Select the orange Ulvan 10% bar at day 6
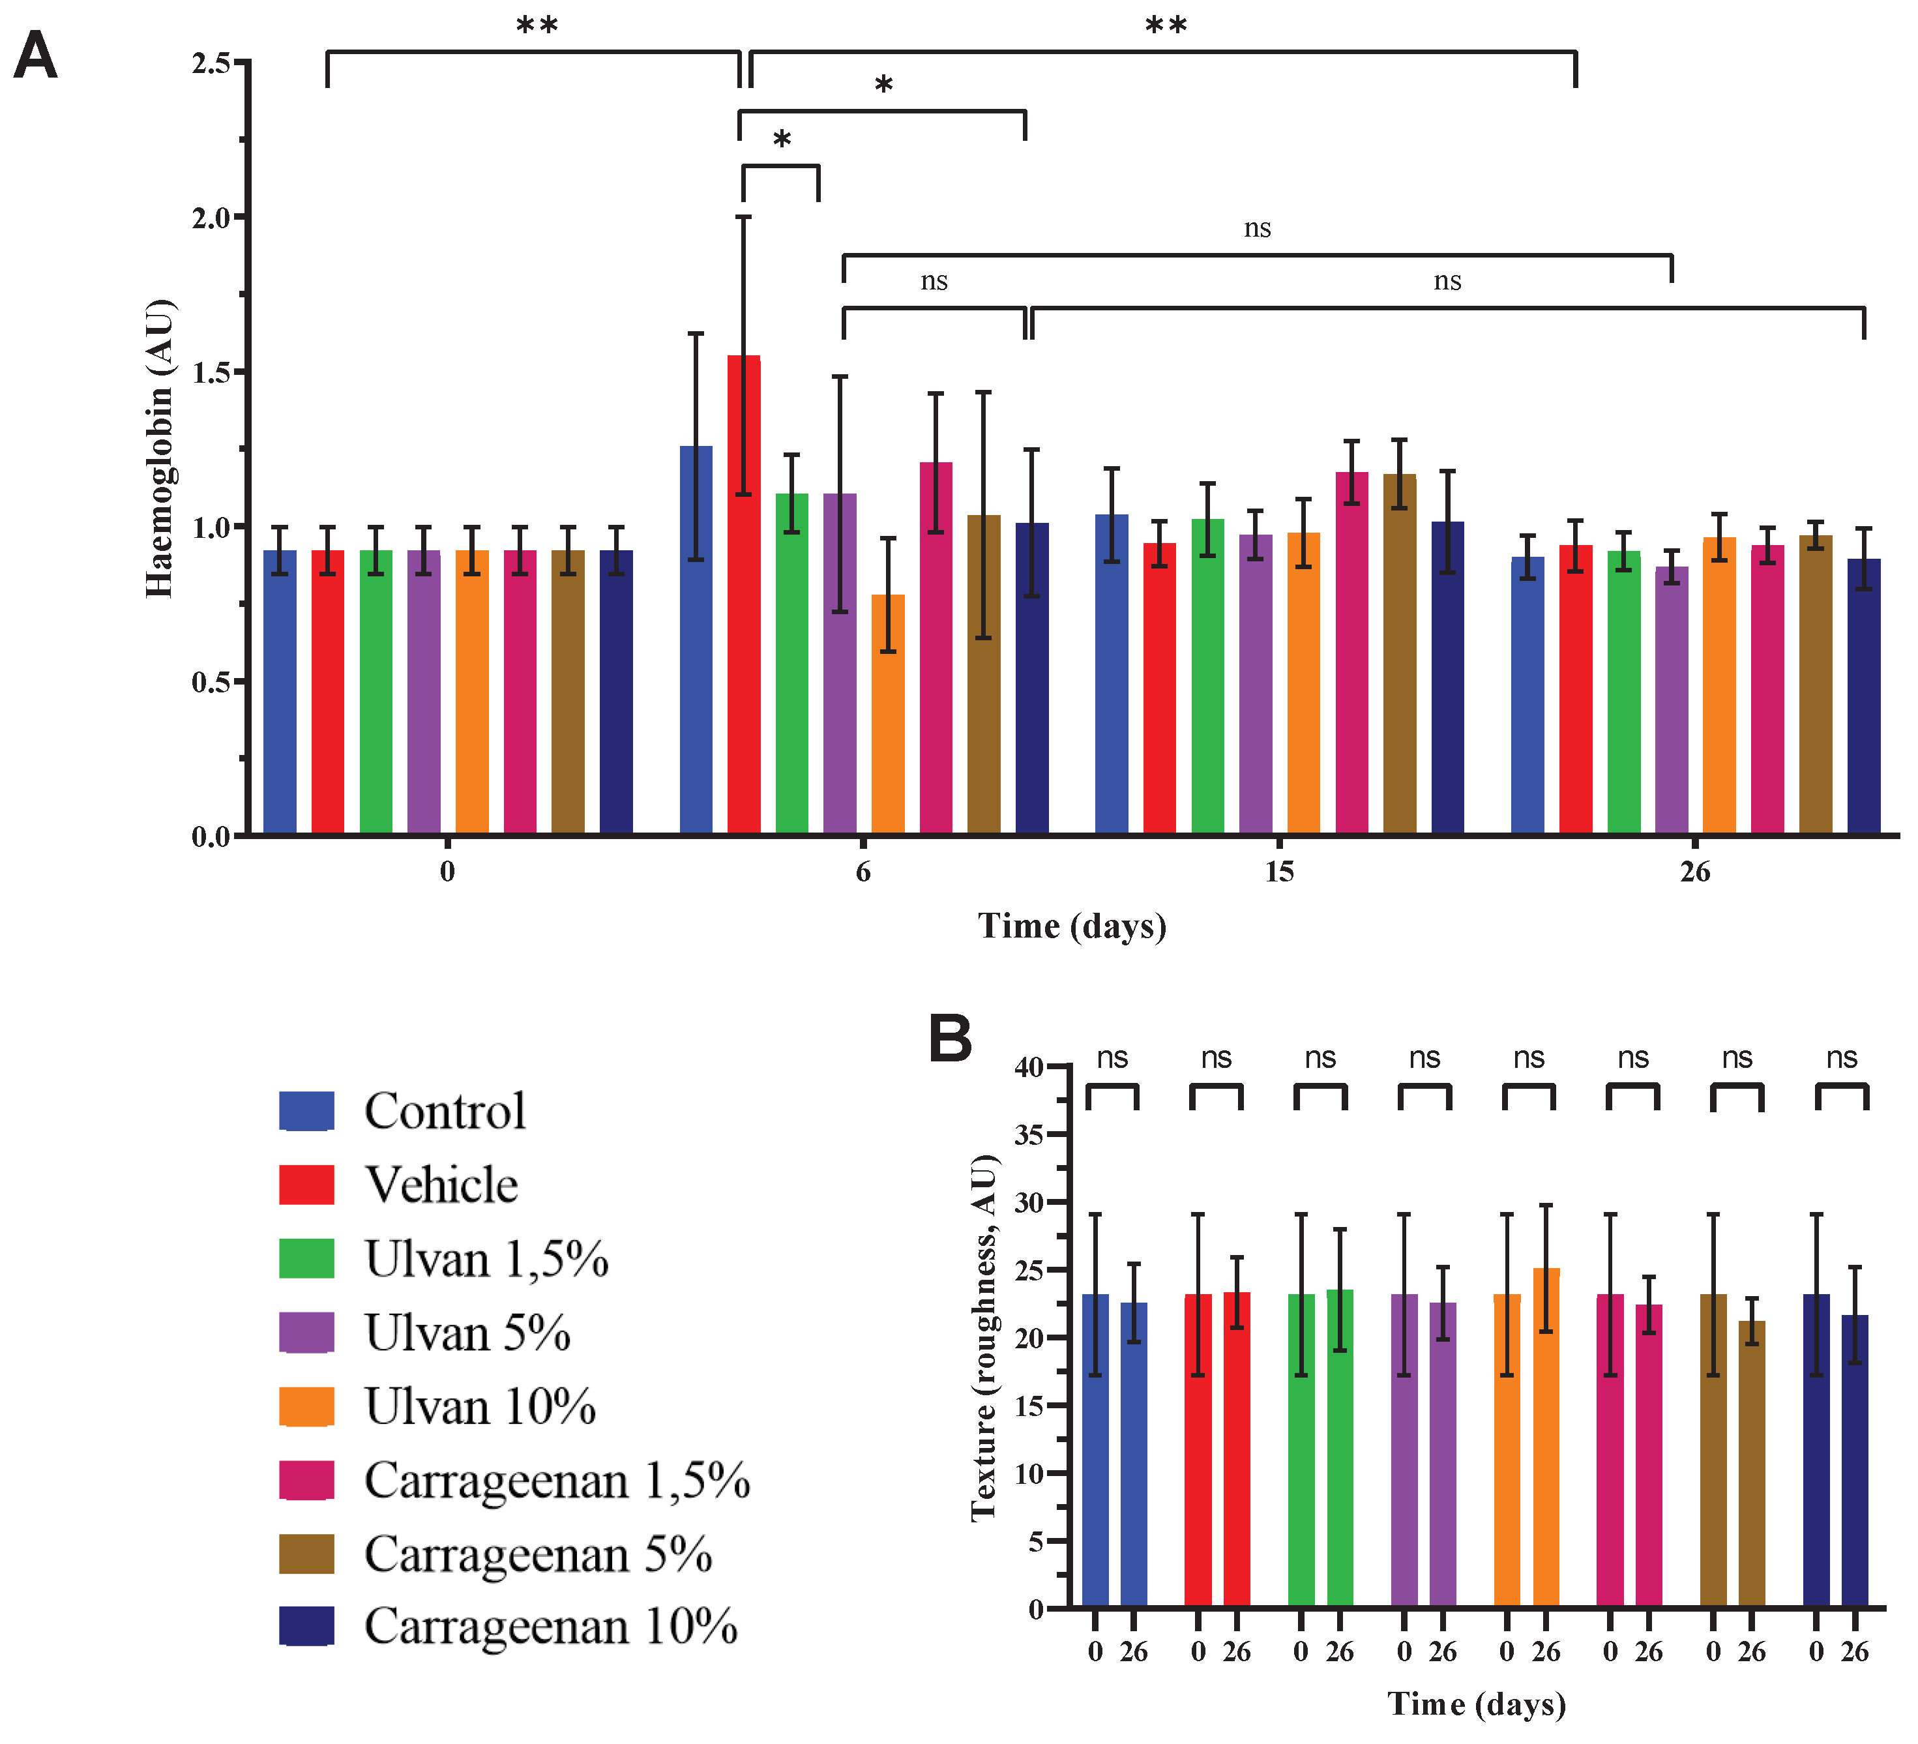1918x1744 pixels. tap(888, 715)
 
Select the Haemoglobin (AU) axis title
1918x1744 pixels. tap(159, 448)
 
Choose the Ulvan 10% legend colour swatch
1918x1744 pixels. tap(306, 1406)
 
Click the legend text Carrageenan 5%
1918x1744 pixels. tap(538, 1554)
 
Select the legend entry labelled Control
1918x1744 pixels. tap(445, 1110)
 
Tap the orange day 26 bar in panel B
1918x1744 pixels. tap(1546, 1438)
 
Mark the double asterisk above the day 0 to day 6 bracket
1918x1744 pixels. tap(537, 25)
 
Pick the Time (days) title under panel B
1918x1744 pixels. tap(1475, 1703)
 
